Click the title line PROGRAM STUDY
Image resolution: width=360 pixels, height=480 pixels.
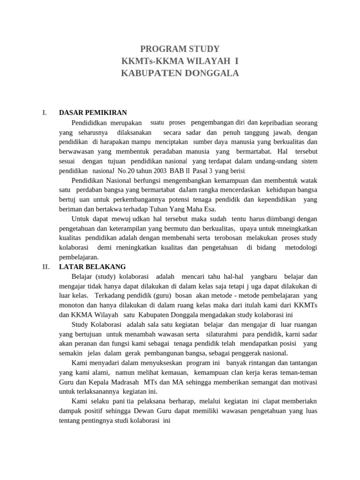[x=180, y=49]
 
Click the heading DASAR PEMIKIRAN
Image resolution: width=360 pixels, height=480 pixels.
[x=93, y=112]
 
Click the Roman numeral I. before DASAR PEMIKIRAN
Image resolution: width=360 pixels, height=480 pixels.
[x=45, y=112]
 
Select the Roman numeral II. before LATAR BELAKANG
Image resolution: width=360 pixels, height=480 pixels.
[x=46, y=267]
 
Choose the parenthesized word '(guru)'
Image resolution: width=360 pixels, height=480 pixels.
[x=160, y=296]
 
